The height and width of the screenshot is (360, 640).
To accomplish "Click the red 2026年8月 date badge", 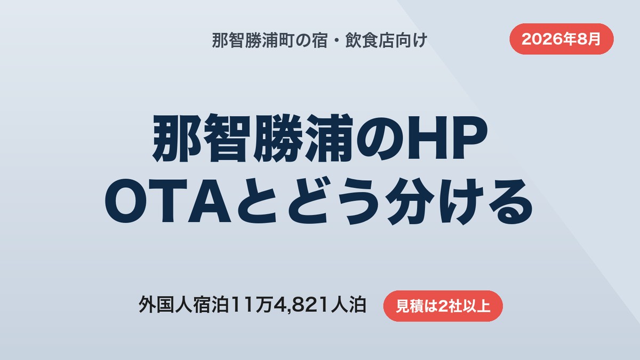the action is [562, 39].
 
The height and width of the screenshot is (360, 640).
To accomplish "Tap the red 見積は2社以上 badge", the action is [443, 306].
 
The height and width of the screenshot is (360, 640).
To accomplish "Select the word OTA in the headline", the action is [167, 201].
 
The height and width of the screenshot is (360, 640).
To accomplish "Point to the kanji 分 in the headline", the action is [410, 201].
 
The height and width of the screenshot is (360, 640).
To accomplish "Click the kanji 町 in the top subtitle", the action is [286, 41].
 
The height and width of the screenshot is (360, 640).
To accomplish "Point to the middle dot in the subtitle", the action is [337, 41].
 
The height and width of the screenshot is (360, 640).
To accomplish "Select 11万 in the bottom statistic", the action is [251, 305].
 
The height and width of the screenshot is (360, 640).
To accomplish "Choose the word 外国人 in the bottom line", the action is [165, 305].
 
